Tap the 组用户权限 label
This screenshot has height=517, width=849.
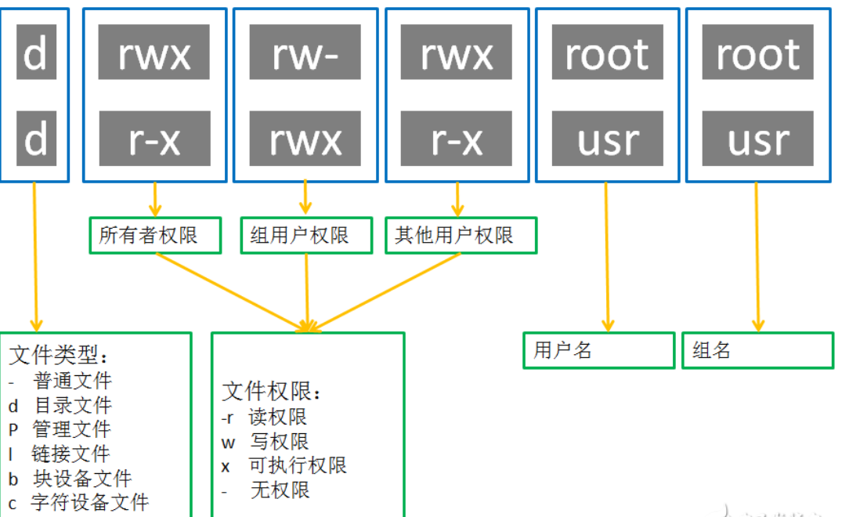306,235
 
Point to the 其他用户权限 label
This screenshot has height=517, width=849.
461,235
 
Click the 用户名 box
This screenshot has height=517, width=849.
598,350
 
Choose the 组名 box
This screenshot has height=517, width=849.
757,350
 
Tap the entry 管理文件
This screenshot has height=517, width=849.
70,429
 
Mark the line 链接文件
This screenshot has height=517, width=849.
70,454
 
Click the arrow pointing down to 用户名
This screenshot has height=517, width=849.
605,258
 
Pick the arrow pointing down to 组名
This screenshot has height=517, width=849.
757,258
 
